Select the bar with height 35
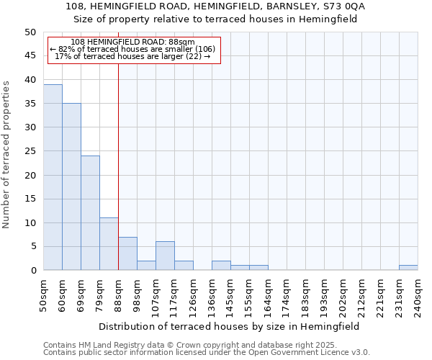click(71, 186)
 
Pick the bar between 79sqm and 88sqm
click(109, 244)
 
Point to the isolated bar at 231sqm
click(408, 268)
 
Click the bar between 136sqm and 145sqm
click(221, 266)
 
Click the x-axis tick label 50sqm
click(44, 293)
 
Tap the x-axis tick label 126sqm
click(194, 294)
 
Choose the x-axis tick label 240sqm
click(418, 294)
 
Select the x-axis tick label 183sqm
click(306, 294)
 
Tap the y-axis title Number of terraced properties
click(7, 154)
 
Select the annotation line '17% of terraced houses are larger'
click(132, 56)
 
